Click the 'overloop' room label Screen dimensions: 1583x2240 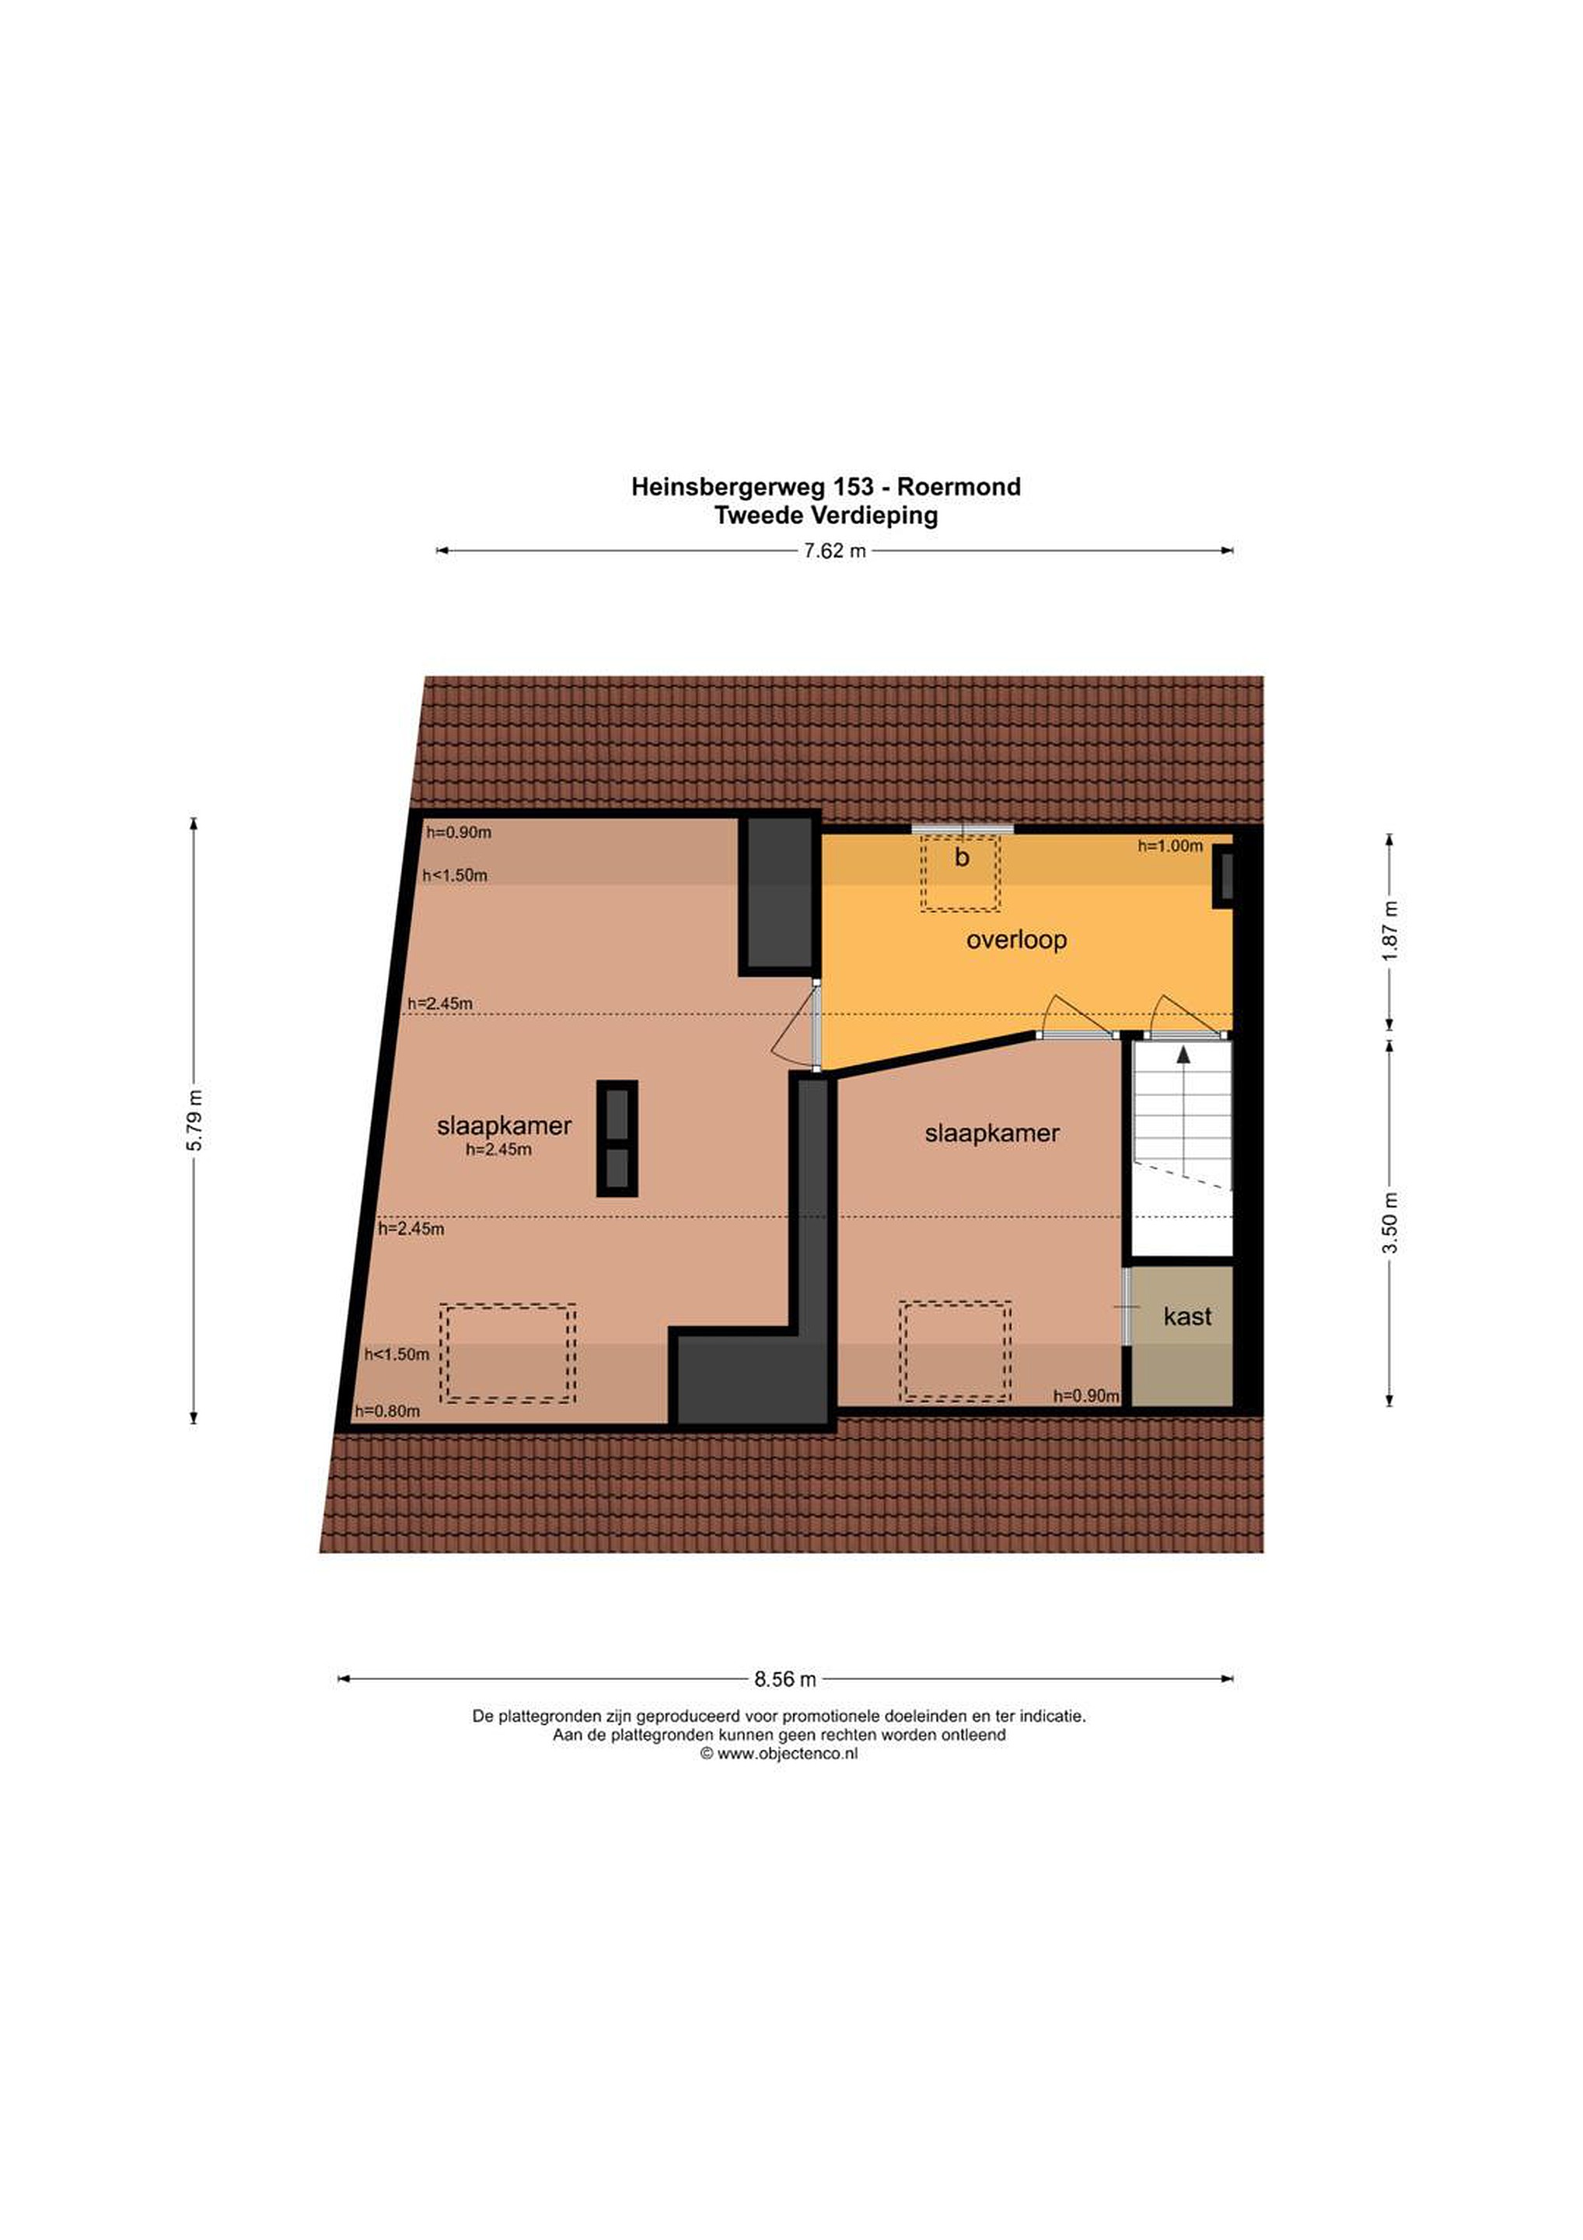click(x=1016, y=940)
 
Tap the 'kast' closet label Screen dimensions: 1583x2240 click(x=1187, y=1316)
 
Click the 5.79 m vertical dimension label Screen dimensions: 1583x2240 click(x=195, y=1119)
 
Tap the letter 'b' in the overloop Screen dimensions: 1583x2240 click(x=962, y=858)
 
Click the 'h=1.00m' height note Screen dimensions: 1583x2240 click(x=1169, y=846)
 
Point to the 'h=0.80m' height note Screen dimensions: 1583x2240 click(x=387, y=1411)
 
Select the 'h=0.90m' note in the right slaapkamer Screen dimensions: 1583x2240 click(x=1085, y=1396)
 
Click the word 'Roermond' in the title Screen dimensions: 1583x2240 click(x=959, y=486)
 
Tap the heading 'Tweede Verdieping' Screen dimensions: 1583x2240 click(x=826, y=515)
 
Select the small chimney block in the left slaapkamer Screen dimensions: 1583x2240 click(x=617, y=1138)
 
